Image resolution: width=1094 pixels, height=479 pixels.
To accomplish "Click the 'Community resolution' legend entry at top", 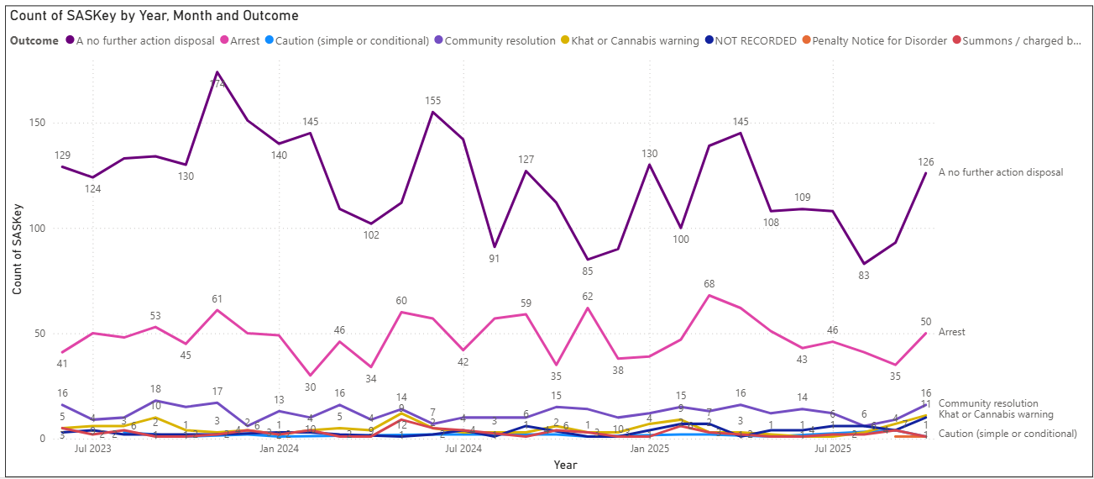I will pyautogui.click(x=500, y=40).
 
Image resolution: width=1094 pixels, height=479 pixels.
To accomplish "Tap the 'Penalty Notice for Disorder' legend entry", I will pyautogui.click(x=879, y=40).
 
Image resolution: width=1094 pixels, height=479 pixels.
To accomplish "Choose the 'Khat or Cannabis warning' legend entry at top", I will pyautogui.click(x=635, y=40).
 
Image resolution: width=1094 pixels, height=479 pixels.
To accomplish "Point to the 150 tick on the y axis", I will pyautogui.click(x=37, y=123).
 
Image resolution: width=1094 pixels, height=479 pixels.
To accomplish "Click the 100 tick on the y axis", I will pyautogui.click(x=37, y=229).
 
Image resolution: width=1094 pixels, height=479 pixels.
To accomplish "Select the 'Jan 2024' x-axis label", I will pyautogui.click(x=279, y=449).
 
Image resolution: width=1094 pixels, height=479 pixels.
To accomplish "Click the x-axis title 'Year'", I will pyautogui.click(x=565, y=465).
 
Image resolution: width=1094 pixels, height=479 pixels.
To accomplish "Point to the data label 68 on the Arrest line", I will pyautogui.click(x=709, y=284).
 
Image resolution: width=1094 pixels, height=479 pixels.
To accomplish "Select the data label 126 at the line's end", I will pyautogui.click(x=926, y=161).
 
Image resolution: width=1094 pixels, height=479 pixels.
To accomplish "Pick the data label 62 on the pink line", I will pyautogui.click(x=586, y=296).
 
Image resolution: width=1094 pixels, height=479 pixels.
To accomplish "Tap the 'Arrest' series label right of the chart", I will pyautogui.click(x=951, y=332).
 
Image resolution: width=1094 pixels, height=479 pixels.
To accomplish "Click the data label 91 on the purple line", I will pyautogui.click(x=495, y=259).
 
